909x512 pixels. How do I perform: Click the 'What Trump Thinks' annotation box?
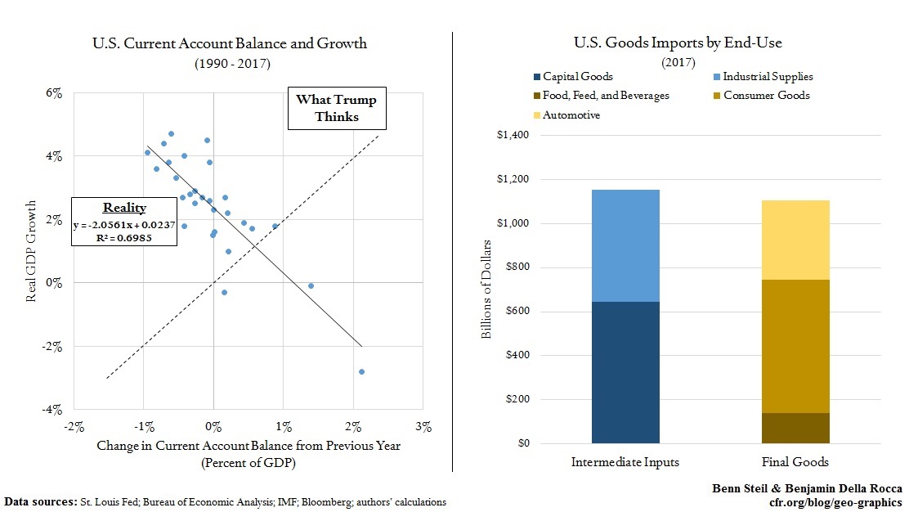[336, 109]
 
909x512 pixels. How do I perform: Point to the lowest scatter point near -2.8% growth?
[361, 371]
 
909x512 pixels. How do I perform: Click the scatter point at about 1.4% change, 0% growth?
[311, 285]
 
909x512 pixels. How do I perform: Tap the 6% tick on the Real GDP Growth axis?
[53, 92]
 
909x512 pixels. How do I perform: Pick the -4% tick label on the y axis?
[53, 410]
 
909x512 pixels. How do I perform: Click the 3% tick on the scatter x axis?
[423, 426]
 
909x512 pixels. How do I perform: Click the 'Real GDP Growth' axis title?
[31, 250]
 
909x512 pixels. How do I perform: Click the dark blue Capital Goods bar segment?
[625, 372]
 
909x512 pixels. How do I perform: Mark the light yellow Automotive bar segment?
[795, 240]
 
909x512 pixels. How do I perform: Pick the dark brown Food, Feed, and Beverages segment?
[795, 428]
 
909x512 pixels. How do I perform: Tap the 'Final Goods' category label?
[795, 462]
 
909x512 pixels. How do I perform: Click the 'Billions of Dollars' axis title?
[487, 289]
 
